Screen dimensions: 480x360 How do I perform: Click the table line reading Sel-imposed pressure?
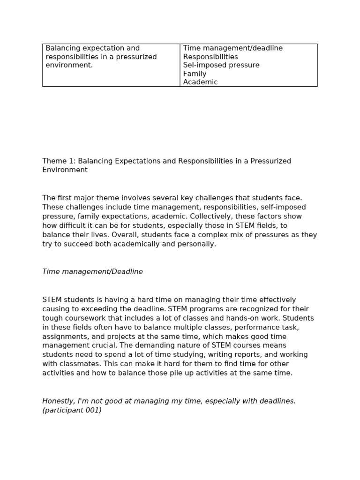coord(221,65)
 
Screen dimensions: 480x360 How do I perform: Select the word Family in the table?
coord(195,74)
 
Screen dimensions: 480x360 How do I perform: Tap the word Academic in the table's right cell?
coord(200,82)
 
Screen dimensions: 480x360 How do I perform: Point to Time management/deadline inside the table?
coord(232,48)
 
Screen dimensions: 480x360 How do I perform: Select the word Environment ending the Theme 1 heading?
coord(65,170)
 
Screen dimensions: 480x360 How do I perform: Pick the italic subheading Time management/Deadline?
coord(92,272)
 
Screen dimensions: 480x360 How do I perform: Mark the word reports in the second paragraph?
coord(227,355)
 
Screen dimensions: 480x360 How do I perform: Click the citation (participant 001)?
coord(72,410)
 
